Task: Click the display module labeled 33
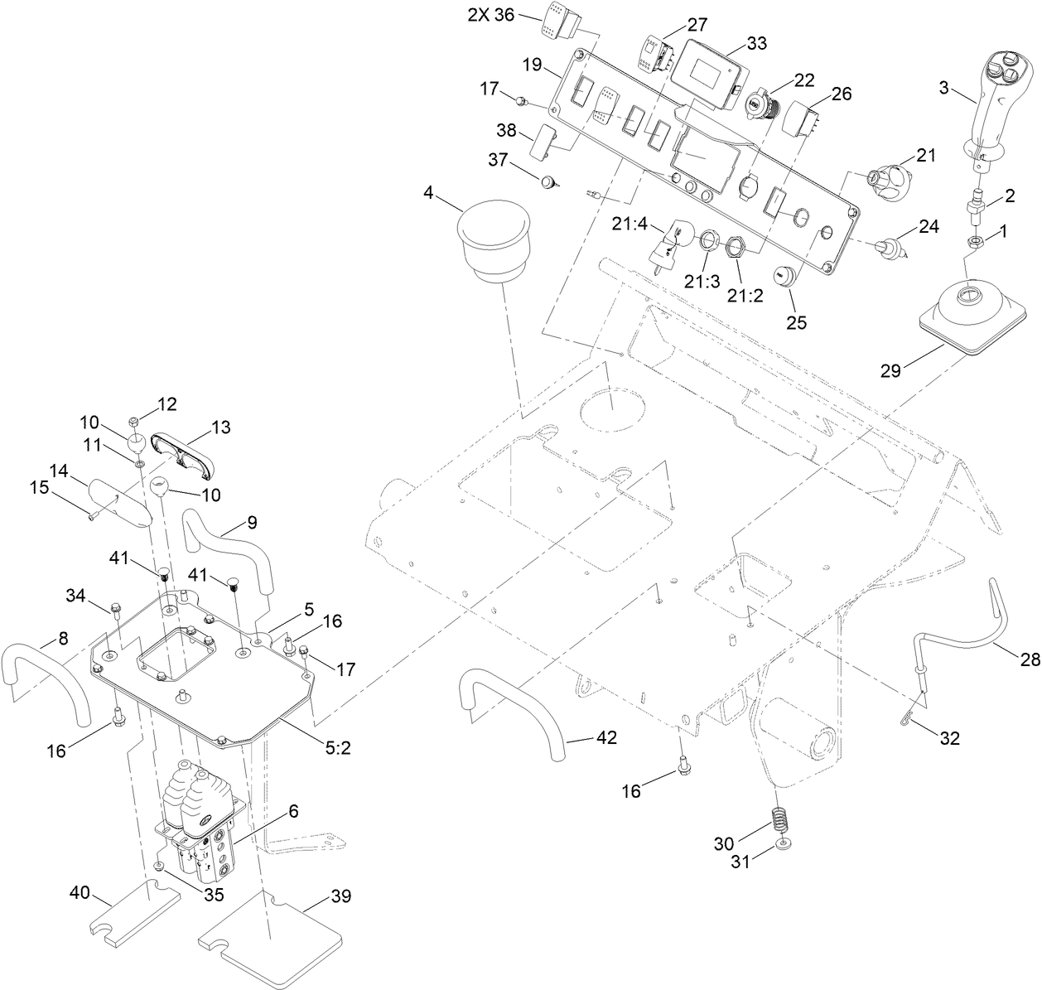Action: (x=705, y=73)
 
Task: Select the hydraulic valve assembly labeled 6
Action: (x=200, y=828)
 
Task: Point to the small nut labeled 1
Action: (x=976, y=242)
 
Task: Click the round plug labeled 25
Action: (x=784, y=277)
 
